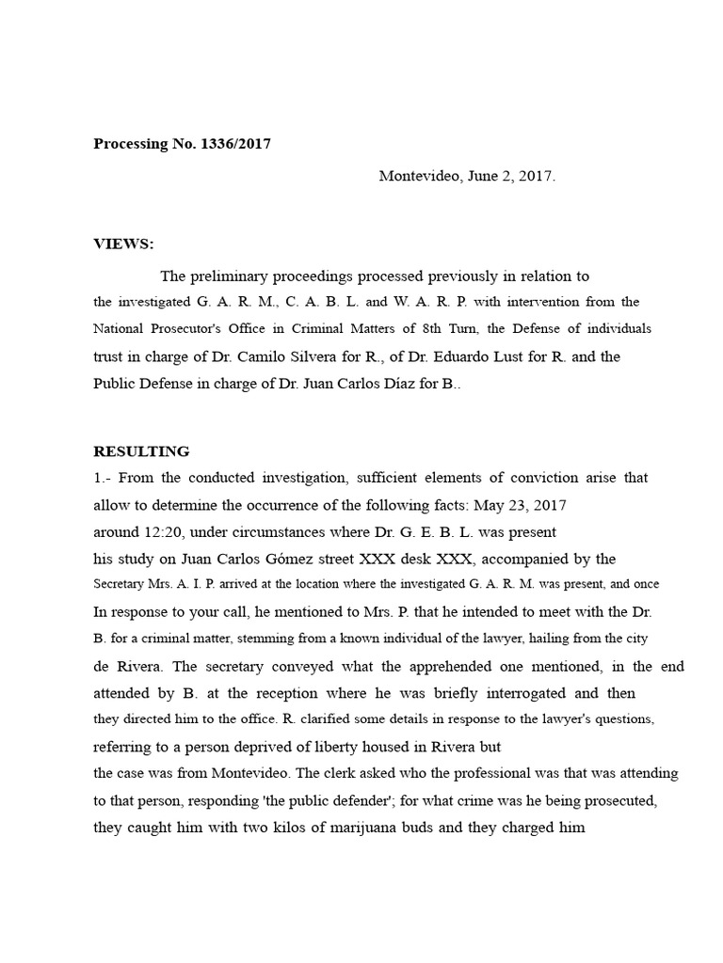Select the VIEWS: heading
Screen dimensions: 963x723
[x=123, y=245]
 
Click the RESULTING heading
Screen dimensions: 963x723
[x=141, y=451]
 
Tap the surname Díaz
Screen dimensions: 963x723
[x=394, y=384]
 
